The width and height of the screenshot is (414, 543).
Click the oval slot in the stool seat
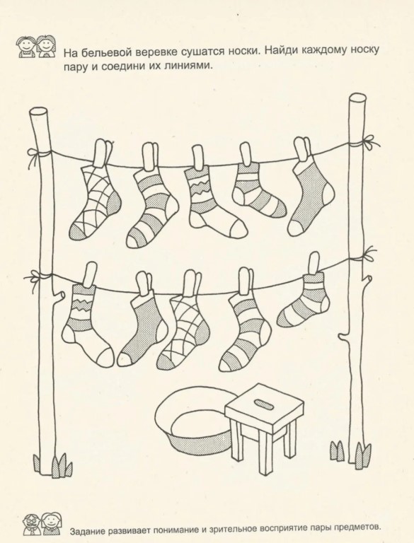(264, 402)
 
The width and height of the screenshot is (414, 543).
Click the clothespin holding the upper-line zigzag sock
(199, 158)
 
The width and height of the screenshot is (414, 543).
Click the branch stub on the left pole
(58, 295)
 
